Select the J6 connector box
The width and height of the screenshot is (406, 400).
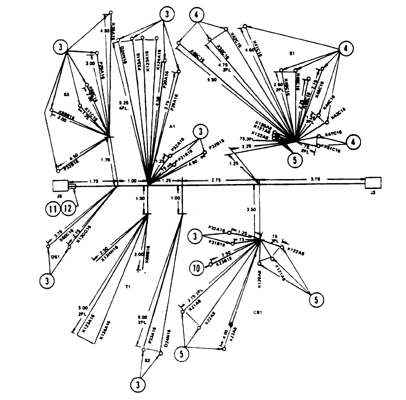tap(60, 186)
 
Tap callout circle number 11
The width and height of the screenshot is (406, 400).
tap(52, 208)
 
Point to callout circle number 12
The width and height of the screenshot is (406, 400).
tap(68, 208)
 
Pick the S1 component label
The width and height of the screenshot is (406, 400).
tap(292, 53)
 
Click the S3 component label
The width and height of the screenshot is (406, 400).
tap(66, 94)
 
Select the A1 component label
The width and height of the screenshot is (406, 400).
tap(171, 127)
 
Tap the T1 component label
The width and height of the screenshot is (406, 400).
tap(128, 285)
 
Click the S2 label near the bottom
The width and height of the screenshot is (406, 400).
tap(147, 360)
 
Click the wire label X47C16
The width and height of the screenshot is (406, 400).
tap(333, 135)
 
